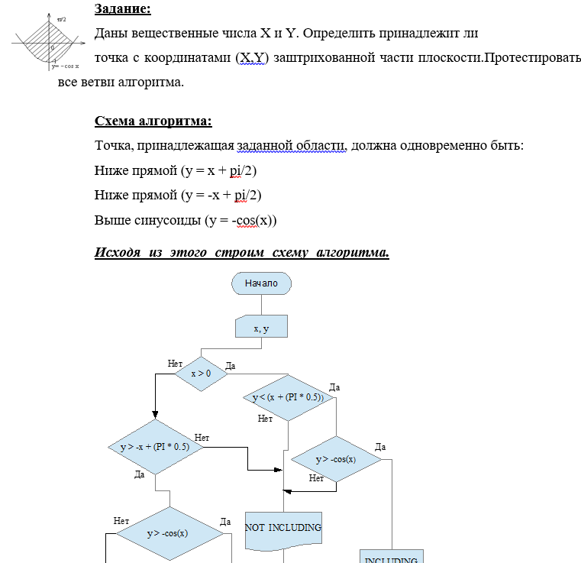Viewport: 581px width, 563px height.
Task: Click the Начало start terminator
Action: (260, 283)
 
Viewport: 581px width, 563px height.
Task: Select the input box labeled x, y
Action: (260, 327)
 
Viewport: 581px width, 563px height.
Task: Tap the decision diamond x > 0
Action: (202, 373)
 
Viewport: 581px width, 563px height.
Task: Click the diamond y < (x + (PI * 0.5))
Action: (288, 397)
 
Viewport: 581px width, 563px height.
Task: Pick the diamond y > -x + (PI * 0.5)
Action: (155, 447)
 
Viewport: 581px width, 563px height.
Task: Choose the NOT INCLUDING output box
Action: (283, 528)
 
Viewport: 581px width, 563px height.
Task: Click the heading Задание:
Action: (122, 10)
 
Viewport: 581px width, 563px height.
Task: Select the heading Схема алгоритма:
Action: (153, 121)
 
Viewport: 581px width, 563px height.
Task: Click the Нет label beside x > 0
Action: (175, 363)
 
